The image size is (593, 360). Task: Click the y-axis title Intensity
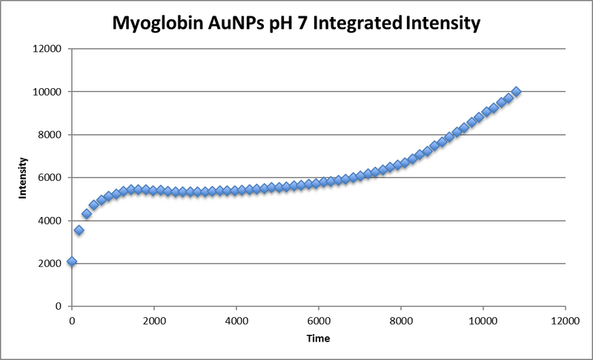pos(24,179)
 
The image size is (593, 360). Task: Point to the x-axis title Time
pos(318,337)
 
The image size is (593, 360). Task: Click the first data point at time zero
pos(72,261)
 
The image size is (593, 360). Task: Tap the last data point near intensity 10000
pos(517,92)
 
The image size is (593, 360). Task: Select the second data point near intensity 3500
pos(79,230)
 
